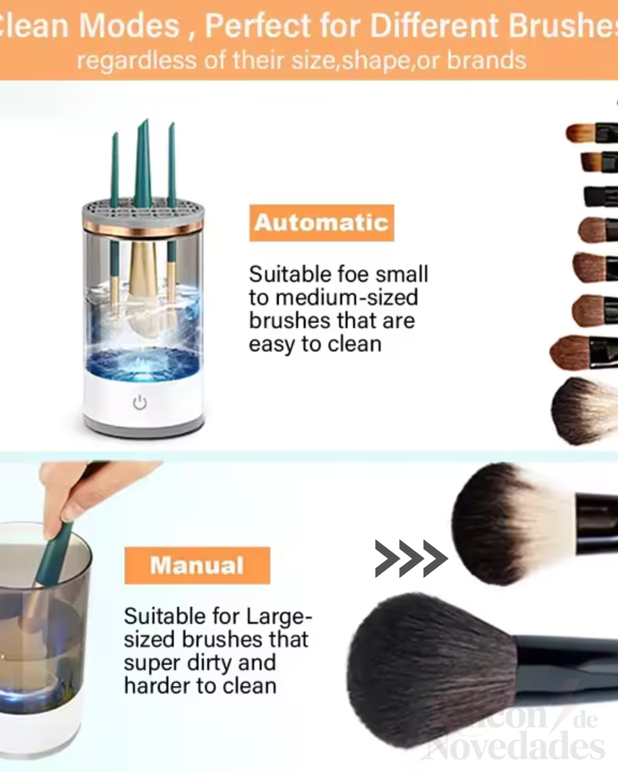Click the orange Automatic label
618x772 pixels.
[x=322, y=222]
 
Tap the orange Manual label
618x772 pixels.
[x=197, y=565]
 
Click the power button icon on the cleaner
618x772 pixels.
[x=140, y=403]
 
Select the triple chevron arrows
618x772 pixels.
[x=411, y=558]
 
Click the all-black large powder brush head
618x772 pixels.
[x=429, y=669]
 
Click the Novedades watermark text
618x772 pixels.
[x=515, y=746]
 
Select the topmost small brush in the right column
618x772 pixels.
[x=589, y=133]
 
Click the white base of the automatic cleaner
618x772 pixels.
[x=143, y=400]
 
